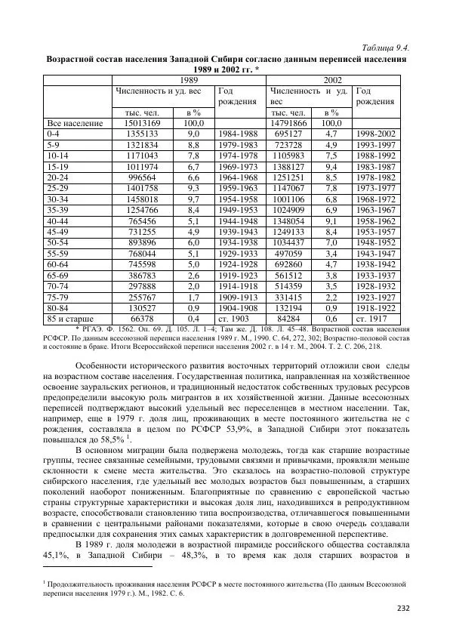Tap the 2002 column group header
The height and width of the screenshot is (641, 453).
(x=332, y=79)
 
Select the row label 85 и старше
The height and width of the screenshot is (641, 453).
(x=73, y=319)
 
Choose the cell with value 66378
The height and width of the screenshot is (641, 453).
(x=136, y=319)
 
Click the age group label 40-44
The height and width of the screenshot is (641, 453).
(x=58, y=220)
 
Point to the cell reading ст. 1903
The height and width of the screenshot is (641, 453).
(x=237, y=319)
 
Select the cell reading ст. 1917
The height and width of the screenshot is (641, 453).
(x=375, y=319)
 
